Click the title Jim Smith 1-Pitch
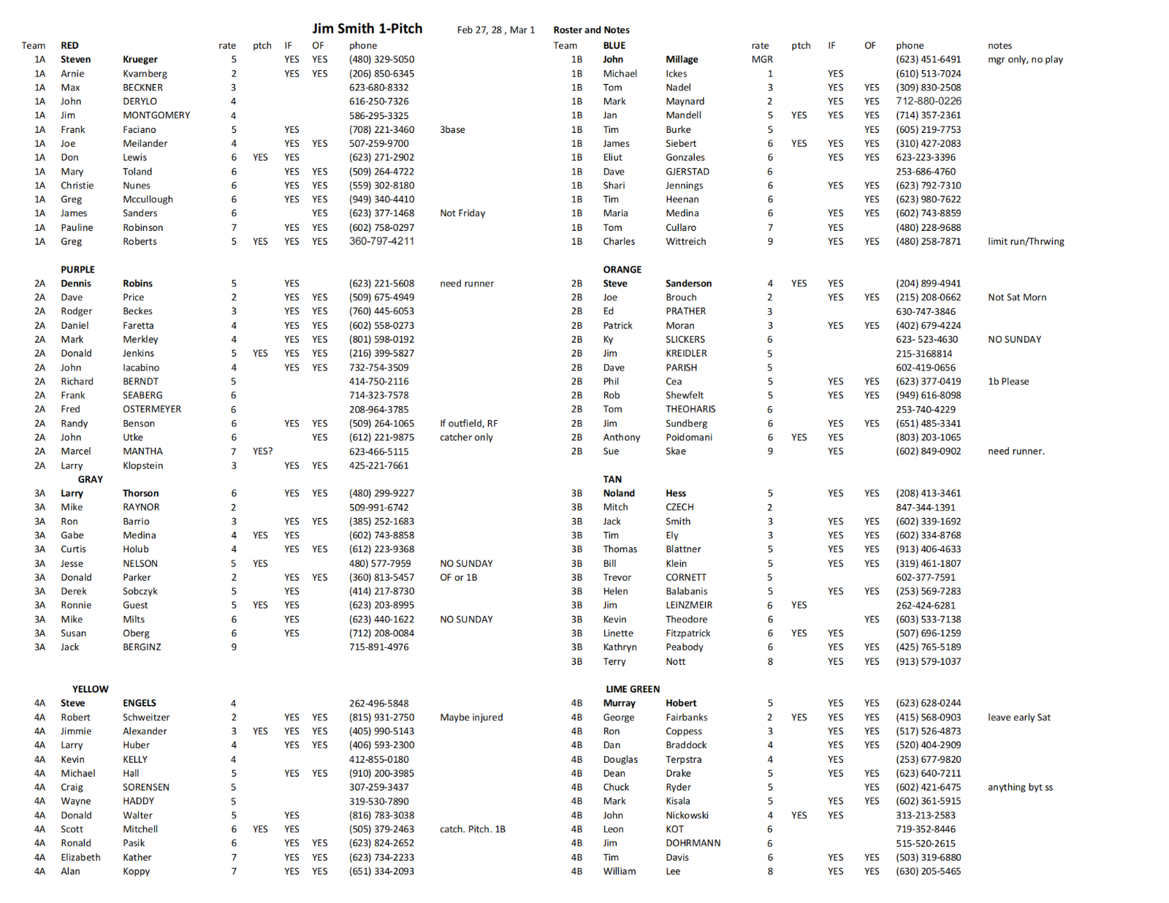pos(367,28)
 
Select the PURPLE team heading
pos(77,270)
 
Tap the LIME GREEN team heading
pos(632,689)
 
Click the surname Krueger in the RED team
pos(140,59)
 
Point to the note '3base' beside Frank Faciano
pos(452,129)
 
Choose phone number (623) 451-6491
pos(928,59)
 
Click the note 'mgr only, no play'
pos(1025,59)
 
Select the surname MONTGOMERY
pos(156,115)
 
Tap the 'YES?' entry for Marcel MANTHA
pos(262,451)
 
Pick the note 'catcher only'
pos(466,438)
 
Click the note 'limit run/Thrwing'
pos(1026,242)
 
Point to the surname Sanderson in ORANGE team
pos(688,283)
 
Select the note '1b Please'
pos(1008,381)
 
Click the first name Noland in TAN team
pos(619,493)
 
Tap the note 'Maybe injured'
pos(471,717)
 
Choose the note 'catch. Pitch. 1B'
pos(472,829)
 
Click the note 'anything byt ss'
pos(1020,788)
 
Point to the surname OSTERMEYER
pos(152,409)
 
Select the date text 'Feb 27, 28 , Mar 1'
pos(495,30)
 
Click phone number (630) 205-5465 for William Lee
pos(928,872)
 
